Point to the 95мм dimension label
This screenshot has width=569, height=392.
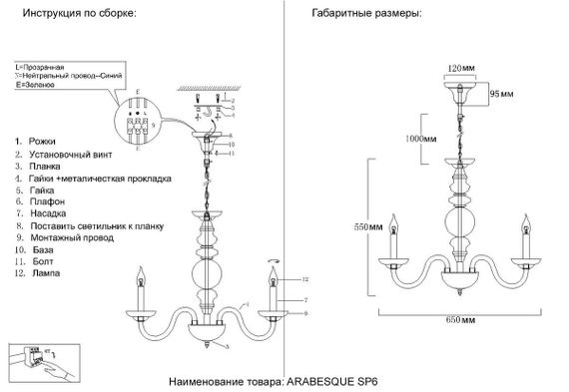point(500,94)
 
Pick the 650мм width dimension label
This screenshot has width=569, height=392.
point(460,318)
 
